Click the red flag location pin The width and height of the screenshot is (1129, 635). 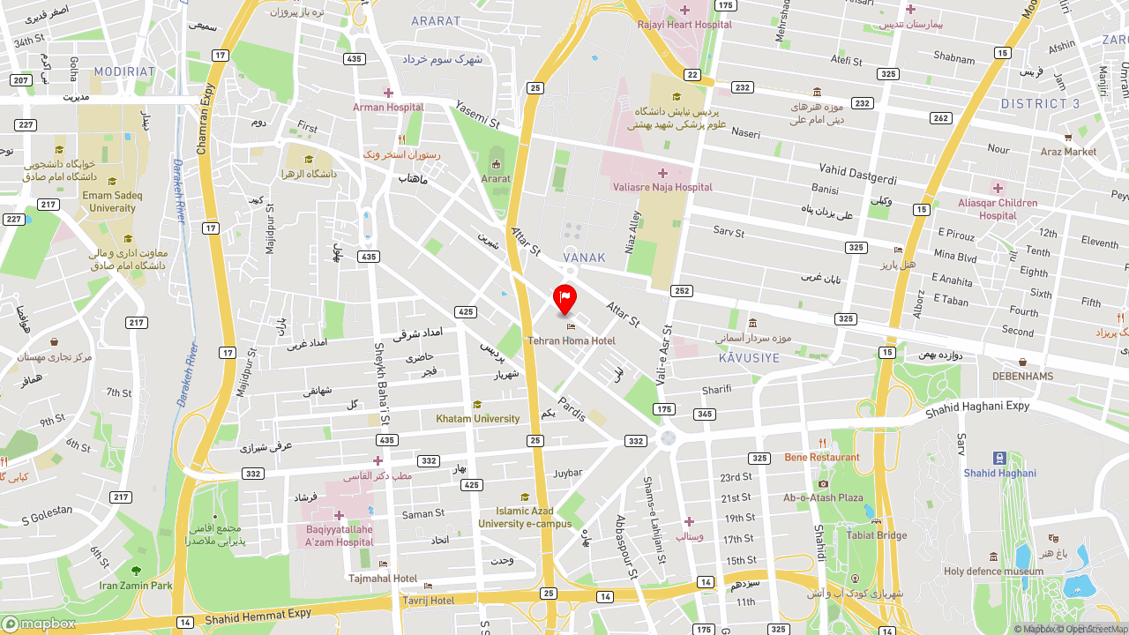(564, 299)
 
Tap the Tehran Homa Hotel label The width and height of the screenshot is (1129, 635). (572, 340)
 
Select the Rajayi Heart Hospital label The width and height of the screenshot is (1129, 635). (684, 25)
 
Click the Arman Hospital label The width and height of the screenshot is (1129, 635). (388, 108)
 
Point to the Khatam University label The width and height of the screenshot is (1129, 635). (477, 419)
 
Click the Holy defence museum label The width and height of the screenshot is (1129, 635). (993, 571)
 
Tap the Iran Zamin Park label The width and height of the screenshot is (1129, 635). (136, 585)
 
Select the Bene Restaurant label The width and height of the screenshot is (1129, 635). (822, 457)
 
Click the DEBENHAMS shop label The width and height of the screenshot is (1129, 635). (1022, 376)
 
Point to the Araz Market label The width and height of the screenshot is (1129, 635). (1068, 152)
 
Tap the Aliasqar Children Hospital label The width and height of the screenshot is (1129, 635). (998, 209)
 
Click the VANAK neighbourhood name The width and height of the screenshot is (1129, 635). (584, 258)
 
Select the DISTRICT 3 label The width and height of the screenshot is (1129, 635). (1040, 104)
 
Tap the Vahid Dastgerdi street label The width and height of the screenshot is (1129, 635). (857, 174)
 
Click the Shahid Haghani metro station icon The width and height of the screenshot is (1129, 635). (999, 458)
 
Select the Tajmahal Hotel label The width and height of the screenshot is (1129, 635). (383, 579)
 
